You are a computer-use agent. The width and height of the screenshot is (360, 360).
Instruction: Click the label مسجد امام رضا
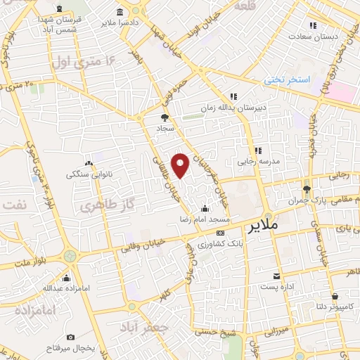pyautogui.click(x=204, y=220)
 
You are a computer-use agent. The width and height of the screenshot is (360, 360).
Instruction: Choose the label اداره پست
pyautogui.click(x=276, y=287)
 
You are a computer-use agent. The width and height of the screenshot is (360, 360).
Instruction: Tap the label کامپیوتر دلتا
pyautogui.click(x=335, y=307)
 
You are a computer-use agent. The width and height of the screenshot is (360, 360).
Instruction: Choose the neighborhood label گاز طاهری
pyautogui.click(x=96, y=206)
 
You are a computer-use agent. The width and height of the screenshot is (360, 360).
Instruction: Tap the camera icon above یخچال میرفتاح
pyautogui.click(x=70, y=337)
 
